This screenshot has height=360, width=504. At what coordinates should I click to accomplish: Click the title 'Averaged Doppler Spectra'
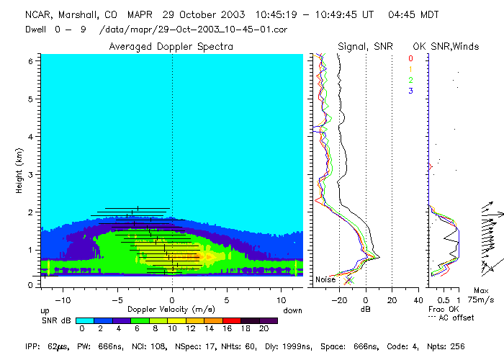[x=171, y=46]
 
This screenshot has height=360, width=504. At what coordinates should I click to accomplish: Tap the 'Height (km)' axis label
[x=19, y=170]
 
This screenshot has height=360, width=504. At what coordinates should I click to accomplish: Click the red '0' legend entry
[x=410, y=59]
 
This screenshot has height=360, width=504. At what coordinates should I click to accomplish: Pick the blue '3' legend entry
[x=410, y=91]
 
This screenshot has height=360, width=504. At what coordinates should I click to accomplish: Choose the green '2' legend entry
[x=410, y=81]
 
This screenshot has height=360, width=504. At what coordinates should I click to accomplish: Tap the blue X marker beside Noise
[x=349, y=279]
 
